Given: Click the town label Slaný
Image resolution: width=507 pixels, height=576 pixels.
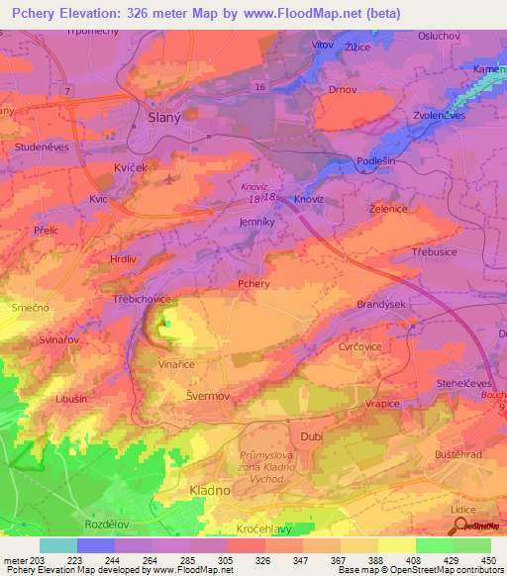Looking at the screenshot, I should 163,114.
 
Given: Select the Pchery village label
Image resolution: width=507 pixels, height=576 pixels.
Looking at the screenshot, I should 253,284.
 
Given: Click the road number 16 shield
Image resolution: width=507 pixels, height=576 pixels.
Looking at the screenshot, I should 259,88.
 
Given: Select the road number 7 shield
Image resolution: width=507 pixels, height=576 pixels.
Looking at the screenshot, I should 66,90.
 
